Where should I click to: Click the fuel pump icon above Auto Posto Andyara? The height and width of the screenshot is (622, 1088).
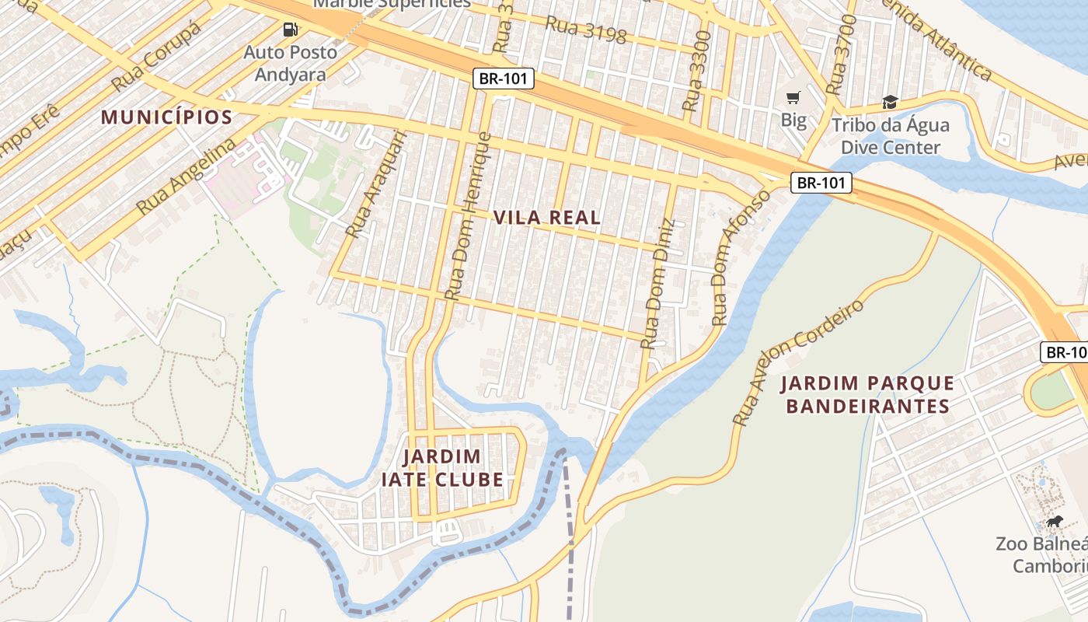pyautogui.click(x=290, y=30)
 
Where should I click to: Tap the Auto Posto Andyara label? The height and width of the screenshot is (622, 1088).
pyautogui.click(x=291, y=63)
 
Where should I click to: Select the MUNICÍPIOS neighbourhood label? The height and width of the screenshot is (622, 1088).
pyautogui.click(x=167, y=117)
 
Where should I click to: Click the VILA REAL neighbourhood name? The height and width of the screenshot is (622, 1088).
pyautogui.click(x=547, y=218)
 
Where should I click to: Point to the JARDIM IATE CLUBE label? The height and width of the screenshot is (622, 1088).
pyautogui.click(x=442, y=467)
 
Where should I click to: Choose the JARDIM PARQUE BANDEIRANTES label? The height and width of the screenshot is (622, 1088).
pyautogui.click(x=867, y=394)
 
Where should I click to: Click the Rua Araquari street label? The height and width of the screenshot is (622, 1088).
pyautogui.click(x=376, y=183)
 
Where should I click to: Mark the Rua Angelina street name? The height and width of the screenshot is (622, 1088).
pyautogui.click(x=186, y=176)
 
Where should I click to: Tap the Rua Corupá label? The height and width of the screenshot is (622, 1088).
pyautogui.click(x=155, y=56)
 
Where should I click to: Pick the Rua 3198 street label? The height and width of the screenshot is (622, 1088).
pyautogui.click(x=585, y=30)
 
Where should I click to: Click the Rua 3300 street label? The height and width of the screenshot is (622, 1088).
pyautogui.click(x=696, y=70)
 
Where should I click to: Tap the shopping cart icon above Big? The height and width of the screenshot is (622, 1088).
pyautogui.click(x=793, y=98)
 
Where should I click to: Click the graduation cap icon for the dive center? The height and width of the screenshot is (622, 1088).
pyautogui.click(x=890, y=102)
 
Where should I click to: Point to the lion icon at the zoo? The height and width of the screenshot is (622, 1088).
pyautogui.click(x=1055, y=521)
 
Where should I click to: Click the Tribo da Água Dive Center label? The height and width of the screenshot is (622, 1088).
pyautogui.click(x=891, y=136)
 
